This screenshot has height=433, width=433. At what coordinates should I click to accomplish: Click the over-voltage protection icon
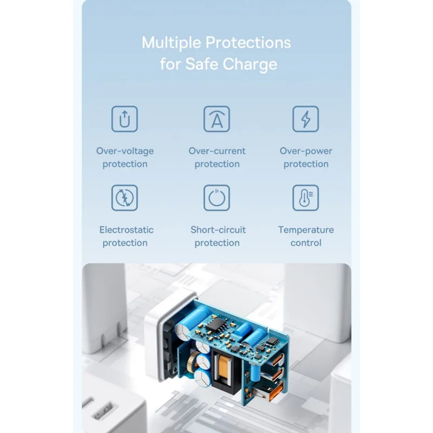pos(124,119)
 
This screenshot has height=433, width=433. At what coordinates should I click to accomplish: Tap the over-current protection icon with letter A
pos(217,119)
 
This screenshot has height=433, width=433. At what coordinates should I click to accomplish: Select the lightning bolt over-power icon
pos(306,119)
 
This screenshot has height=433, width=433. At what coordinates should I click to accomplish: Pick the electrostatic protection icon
pos(124,198)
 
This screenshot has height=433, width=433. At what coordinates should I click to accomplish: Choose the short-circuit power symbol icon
pos(217,198)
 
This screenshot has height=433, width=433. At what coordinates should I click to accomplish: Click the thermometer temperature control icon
pos(306,198)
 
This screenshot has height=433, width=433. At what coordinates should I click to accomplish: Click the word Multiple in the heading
pos(171,43)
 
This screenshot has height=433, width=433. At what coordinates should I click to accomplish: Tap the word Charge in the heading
pos(250,64)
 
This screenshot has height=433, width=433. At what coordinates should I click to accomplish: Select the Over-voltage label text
pos(125,151)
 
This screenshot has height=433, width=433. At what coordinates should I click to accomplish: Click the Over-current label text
pos(217,151)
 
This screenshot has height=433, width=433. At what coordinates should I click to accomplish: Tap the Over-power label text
pos(306,152)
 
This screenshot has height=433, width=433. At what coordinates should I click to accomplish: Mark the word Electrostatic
pos(127,229)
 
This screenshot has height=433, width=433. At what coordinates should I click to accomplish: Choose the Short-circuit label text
pos(218,229)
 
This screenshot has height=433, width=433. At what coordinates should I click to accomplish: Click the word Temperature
pos(306,230)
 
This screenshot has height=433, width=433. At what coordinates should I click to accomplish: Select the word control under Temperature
pos(306,243)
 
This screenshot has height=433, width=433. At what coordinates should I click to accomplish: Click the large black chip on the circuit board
pos(218,325)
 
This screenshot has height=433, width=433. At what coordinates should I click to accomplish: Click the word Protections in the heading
pos(248,43)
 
